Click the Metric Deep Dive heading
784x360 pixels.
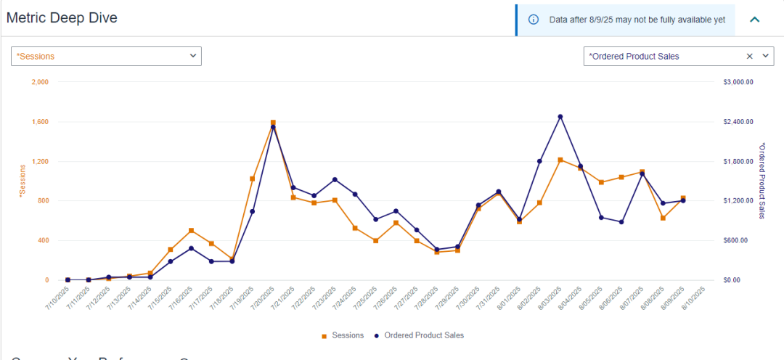pyautogui.click(x=62, y=18)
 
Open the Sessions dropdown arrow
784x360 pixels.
pyautogui.click(x=193, y=56)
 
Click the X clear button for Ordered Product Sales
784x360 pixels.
pyautogui.click(x=750, y=56)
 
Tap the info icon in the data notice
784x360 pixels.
pyautogui.click(x=534, y=20)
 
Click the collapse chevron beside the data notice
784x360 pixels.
pyautogui.click(x=754, y=20)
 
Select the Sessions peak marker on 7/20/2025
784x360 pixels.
pyautogui.click(x=273, y=123)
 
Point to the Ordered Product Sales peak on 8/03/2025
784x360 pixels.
pyautogui.click(x=560, y=117)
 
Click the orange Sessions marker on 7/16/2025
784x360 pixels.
pyautogui.click(x=191, y=231)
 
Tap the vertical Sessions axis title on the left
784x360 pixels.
pyautogui.click(x=23, y=181)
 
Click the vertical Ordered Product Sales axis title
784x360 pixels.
pyautogui.click(x=761, y=180)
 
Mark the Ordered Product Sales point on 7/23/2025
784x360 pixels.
pyautogui.click(x=335, y=179)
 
